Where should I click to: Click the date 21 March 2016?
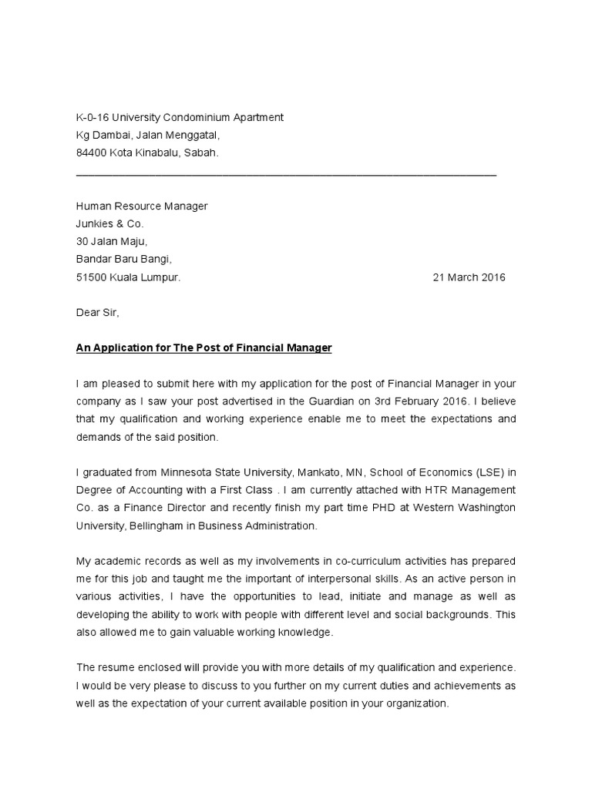[469, 277]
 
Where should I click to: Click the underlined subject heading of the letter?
[203, 348]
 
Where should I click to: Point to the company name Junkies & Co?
[109, 224]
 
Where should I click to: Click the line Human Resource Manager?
[141, 206]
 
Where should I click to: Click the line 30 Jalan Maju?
[106, 242]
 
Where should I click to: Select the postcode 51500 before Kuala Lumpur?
[91, 277]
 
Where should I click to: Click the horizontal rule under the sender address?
[286, 175]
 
